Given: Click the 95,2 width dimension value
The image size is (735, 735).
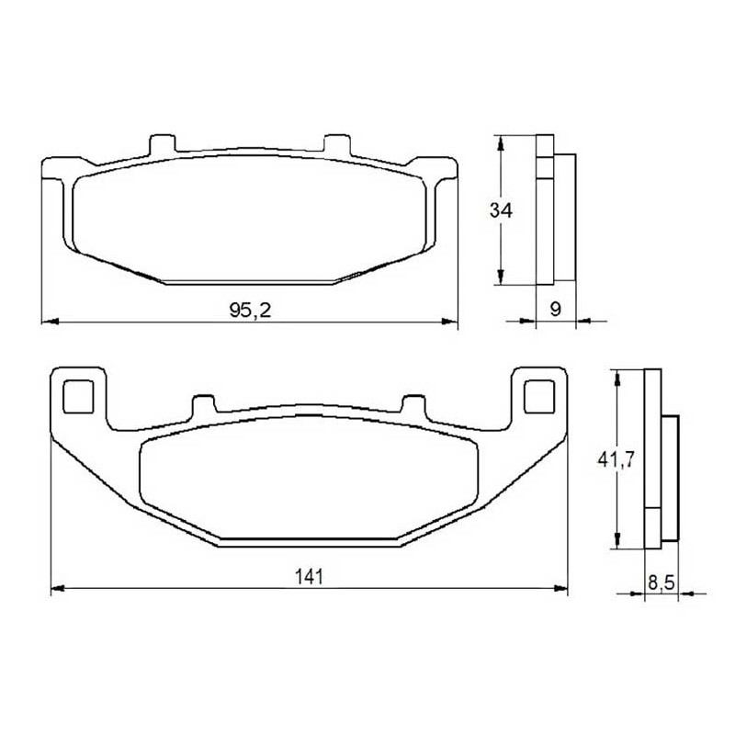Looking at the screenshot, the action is click(x=250, y=310).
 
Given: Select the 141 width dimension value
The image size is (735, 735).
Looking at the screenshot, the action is click(x=309, y=577).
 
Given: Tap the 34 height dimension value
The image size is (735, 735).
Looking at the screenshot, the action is click(x=501, y=210).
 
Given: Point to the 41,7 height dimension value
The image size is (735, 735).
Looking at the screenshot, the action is click(x=616, y=460).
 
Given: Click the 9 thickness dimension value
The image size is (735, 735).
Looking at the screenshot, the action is click(x=555, y=309).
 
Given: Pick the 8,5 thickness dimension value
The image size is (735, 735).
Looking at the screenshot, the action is click(x=661, y=582).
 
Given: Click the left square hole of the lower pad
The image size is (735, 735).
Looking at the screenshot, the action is click(x=78, y=397).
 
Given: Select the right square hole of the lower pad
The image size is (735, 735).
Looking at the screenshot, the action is click(x=539, y=397).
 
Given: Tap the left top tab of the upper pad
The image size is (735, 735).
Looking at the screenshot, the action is click(x=163, y=143).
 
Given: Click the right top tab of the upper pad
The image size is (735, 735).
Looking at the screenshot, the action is click(x=337, y=143).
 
